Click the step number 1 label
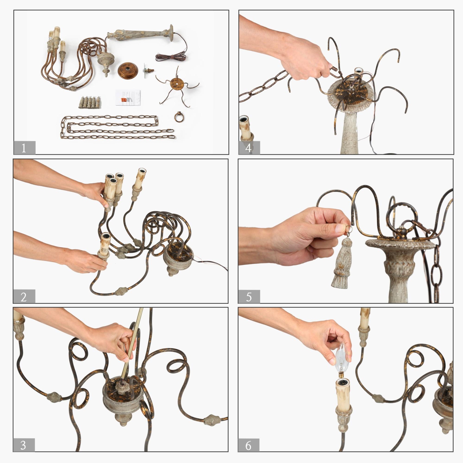(24, 148)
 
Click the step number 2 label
(24, 297)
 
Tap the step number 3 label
(23, 445)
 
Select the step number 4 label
(249, 148)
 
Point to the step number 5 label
(249, 297)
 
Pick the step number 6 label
(249, 445)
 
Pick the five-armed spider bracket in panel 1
(177, 84)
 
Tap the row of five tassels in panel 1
(90, 102)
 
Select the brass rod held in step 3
(133, 342)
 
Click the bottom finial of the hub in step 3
(122, 420)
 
